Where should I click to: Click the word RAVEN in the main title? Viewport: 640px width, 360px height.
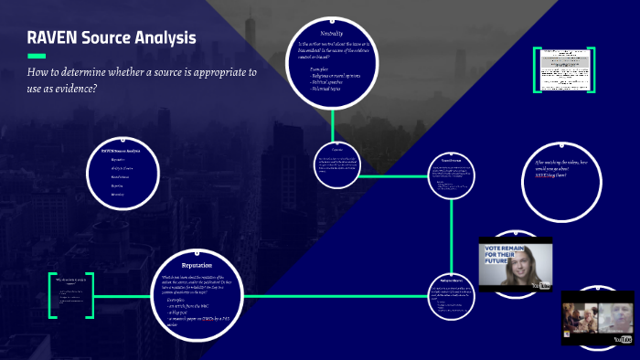[56, 38]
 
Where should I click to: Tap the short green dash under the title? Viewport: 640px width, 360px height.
[37, 58]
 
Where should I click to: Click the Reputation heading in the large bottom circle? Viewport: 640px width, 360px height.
[197, 265]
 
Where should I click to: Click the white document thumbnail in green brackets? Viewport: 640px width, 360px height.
[563, 69]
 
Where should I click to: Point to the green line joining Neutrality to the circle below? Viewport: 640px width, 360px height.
[333, 125]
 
